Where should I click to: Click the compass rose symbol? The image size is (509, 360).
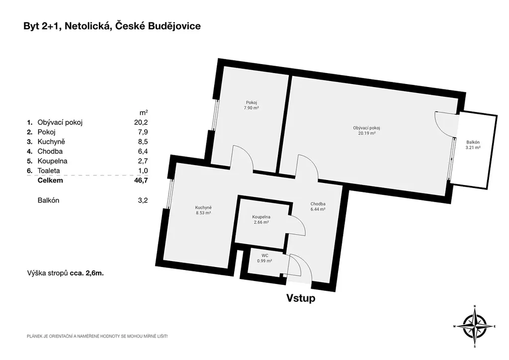pyautogui.click(x=475, y=326)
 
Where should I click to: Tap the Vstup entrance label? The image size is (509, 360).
pyautogui.click(x=301, y=298)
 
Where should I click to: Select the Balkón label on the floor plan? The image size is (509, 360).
pyautogui.click(x=473, y=142)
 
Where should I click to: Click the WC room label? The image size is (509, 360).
pyautogui.click(x=264, y=256)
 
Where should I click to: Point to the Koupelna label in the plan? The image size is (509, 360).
pyautogui.click(x=261, y=217)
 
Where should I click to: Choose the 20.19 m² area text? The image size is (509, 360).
pyautogui.click(x=367, y=133)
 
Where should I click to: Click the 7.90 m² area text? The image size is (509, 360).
pyautogui.click(x=251, y=108)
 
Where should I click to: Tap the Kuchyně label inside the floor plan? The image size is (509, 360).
pyautogui.click(x=203, y=208)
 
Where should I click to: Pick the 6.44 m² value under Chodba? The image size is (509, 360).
pyautogui.click(x=318, y=209)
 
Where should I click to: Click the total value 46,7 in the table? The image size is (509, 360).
pyautogui.click(x=141, y=180)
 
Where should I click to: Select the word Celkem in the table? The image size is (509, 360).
pyautogui.click(x=50, y=180)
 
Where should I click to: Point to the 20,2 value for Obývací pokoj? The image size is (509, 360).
pyautogui.click(x=141, y=122)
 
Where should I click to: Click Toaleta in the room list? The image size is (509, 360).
pyautogui.click(x=49, y=171)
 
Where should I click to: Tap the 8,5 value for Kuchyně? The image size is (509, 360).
pyautogui.click(x=143, y=142)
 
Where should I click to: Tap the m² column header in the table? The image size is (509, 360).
pyautogui.click(x=144, y=112)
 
